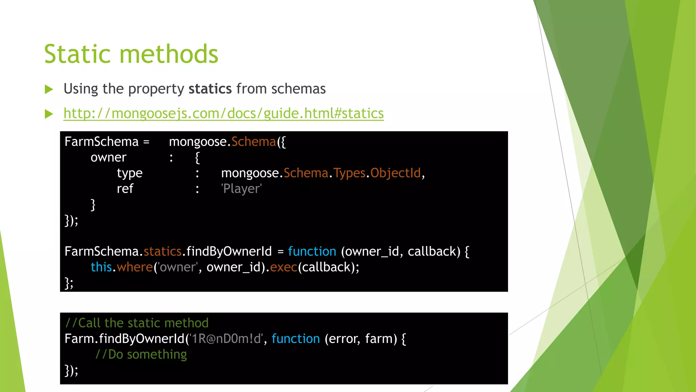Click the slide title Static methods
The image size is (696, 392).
pyautogui.click(x=131, y=54)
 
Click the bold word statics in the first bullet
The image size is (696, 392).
pyautogui.click(x=210, y=89)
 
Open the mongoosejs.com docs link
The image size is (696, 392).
pyautogui.click(x=223, y=113)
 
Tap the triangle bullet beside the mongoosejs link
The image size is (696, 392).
pyautogui.click(x=49, y=114)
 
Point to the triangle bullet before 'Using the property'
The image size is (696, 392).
pyautogui.click(x=49, y=89)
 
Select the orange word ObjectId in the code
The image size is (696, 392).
pyautogui.click(x=395, y=173)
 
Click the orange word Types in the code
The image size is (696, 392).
pyautogui.click(x=349, y=173)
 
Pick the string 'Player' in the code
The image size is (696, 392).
pyautogui.click(x=241, y=189)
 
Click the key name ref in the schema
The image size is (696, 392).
pyautogui.click(x=125, y=189)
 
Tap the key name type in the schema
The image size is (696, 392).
pyautogui.click(x=129, y=174)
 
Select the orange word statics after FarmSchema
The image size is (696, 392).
pyautogui.click(x=162, y=251)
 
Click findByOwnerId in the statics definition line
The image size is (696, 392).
pyautogui.click(x=229, y=251)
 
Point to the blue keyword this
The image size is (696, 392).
pyautogui.click(x=101, y=267)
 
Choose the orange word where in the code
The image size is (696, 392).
pyautogui.click(x=135, y=267)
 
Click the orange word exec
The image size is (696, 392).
pyautogui.click(x=284, y=267)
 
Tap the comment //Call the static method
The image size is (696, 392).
pyautogui.click(x=137, y=323)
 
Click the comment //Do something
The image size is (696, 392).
pyautogui.click(x=141, y=355)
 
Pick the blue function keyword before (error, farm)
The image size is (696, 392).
pyautogui.click(x=296, y=339)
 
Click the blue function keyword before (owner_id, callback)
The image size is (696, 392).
pyautogui.click(x=312, y=251)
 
